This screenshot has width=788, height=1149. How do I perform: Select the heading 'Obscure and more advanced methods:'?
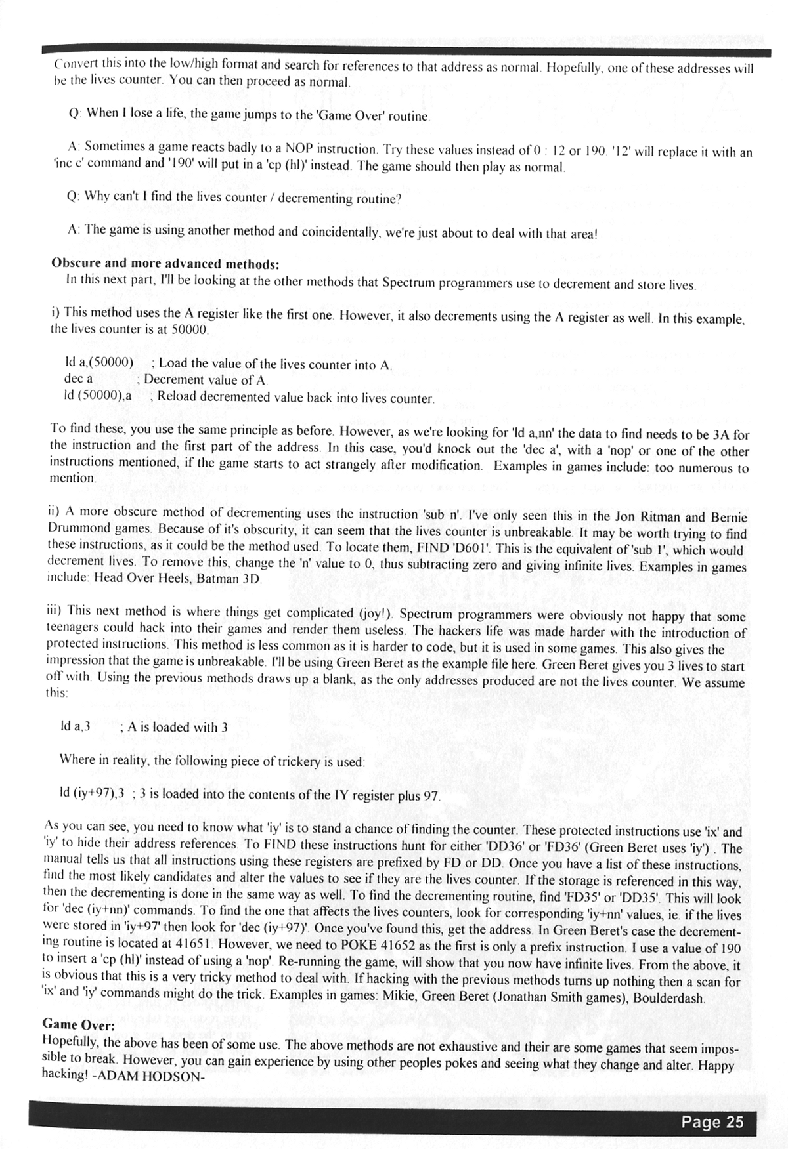(165, 264)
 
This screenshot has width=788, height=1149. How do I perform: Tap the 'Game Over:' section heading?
(78, 1024)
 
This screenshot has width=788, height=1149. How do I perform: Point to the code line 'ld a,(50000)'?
(98, 362)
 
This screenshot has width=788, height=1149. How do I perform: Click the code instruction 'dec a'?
(78, 379)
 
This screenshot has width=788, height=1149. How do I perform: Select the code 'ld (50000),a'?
(98, 396)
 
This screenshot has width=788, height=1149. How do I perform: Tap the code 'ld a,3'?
(75, 726)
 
